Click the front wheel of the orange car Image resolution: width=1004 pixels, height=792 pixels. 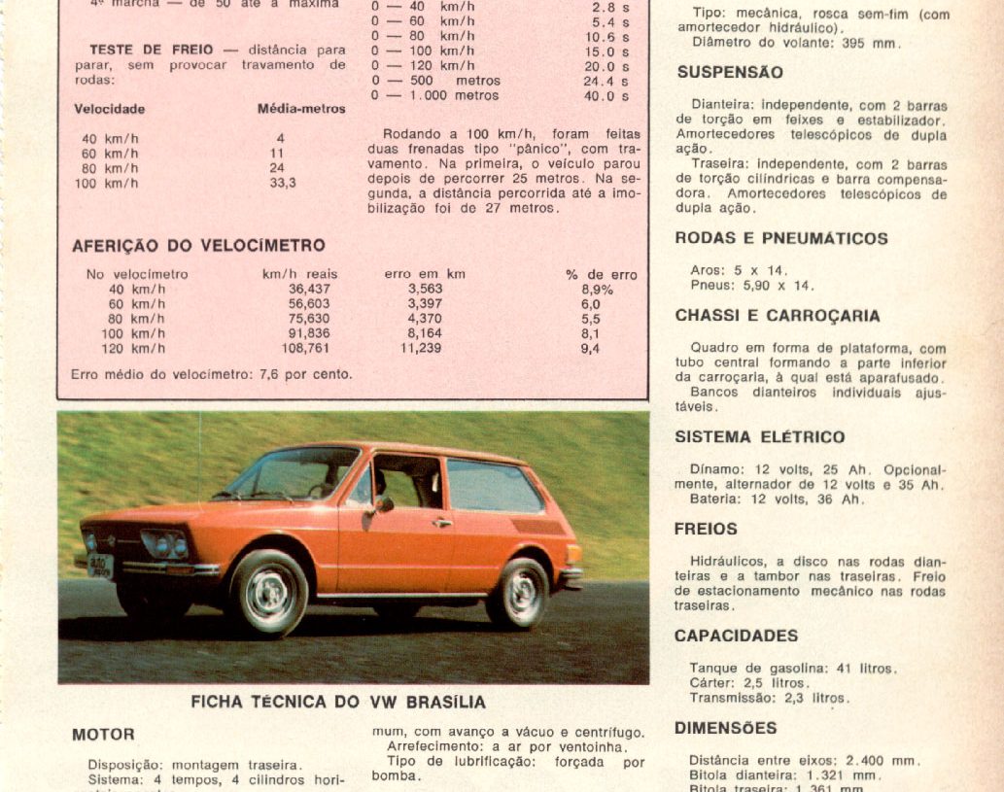[268, 593]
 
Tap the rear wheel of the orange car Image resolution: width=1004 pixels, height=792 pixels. [517, 593]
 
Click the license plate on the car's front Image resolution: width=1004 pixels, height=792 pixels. [100, 566]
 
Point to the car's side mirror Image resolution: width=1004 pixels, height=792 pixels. [383, 505]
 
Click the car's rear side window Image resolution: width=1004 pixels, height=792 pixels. [493, 485]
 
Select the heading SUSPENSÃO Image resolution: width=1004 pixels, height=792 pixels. [730, 73]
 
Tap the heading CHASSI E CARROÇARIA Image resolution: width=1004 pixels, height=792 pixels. [778, 316]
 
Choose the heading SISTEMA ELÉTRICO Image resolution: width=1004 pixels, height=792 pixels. [760, 437]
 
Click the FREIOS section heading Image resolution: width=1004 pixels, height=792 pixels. [706, 530]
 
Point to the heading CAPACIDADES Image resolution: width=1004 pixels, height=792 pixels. [737, 636]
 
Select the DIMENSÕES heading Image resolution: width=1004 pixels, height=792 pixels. [726, 728]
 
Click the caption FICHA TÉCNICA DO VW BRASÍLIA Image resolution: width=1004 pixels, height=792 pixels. [338, 702]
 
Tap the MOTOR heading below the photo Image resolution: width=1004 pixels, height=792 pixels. [103, 735]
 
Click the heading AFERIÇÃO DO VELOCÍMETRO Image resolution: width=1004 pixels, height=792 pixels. [198, 246]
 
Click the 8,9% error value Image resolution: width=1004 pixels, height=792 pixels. [597, 290]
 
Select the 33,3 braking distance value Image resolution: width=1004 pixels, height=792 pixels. [283, 183]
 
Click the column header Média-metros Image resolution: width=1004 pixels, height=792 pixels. [301, 109]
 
